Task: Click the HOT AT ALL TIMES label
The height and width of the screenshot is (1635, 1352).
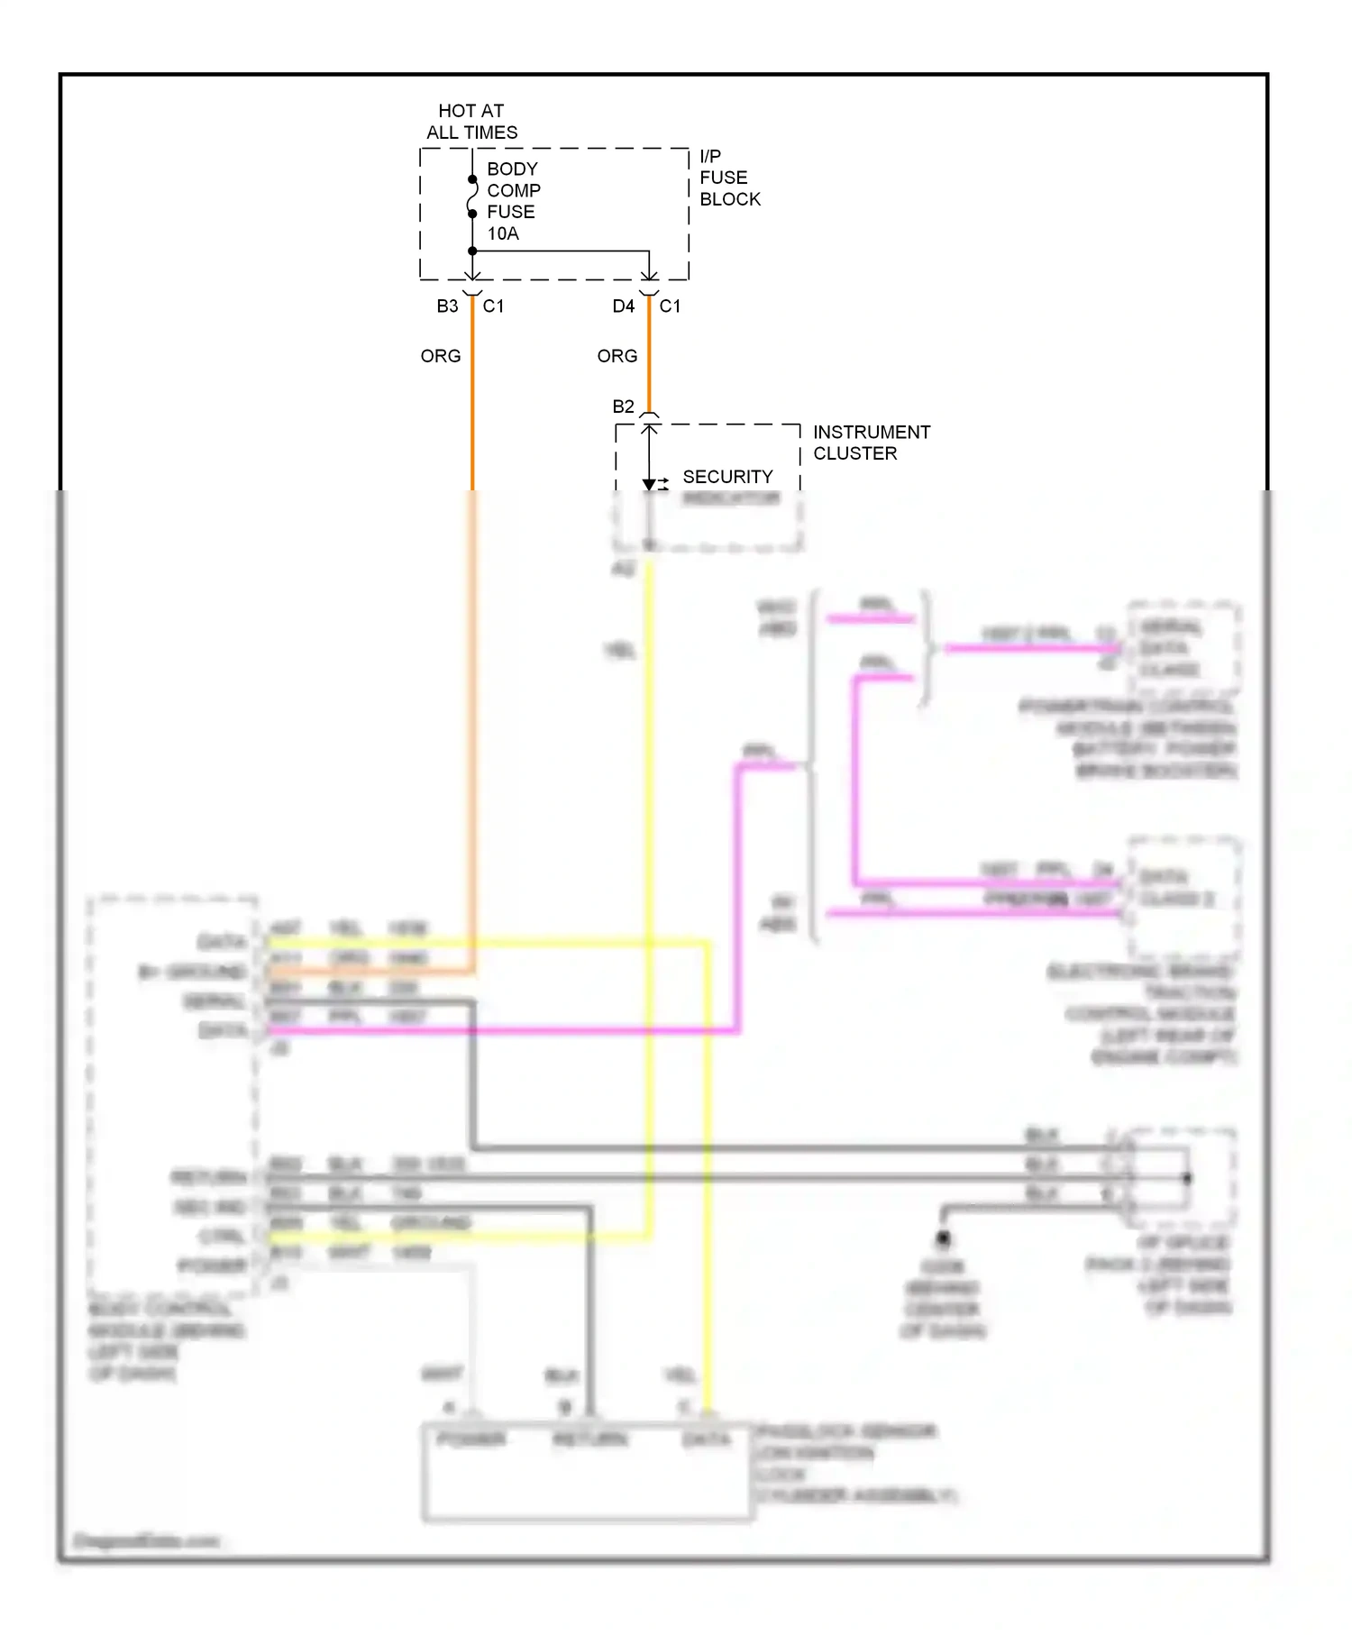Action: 471,122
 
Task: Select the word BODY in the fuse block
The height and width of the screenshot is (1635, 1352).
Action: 512,169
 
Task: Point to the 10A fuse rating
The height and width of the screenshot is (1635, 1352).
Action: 503,234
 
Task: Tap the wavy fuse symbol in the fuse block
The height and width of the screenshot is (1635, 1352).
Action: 472,196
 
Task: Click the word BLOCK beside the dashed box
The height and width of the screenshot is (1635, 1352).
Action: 730,199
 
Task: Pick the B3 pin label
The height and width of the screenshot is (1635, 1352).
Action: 447,306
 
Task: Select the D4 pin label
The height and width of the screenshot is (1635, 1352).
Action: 624,306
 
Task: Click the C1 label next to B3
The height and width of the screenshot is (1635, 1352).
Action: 493,306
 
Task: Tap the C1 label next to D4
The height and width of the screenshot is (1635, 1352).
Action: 670,306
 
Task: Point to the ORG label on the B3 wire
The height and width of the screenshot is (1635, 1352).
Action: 441,357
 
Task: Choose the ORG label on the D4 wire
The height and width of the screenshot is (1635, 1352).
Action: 617,357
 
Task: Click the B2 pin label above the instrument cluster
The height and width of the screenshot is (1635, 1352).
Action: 623,407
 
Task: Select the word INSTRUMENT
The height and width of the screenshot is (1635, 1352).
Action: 872,433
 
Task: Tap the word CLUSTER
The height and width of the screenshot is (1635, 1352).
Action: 855,454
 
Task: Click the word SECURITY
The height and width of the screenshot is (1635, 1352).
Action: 727,477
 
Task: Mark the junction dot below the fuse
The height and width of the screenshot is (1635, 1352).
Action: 472,251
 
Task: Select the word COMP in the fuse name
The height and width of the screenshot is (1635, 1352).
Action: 514,191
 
